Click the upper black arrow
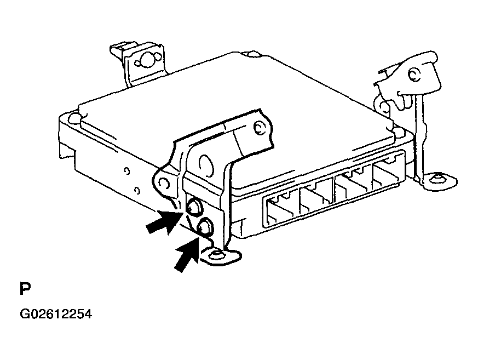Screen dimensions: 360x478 (163, 221)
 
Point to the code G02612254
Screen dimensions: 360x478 (55, 315)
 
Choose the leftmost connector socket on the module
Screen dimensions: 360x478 (281, 208)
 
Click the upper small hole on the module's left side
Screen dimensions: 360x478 (127, 172)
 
